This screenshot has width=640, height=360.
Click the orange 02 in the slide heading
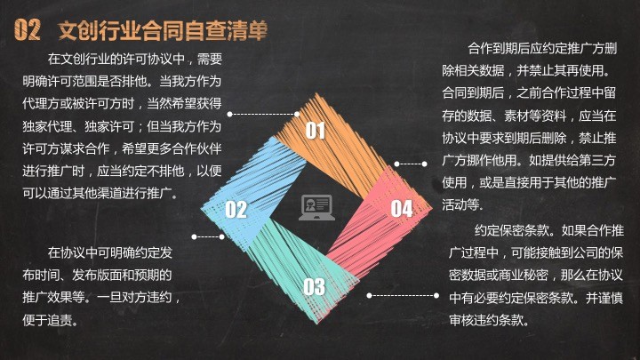click(28, 29)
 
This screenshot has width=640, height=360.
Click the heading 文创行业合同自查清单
click(163, 30)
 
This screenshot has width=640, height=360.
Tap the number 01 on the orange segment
click(316, 131)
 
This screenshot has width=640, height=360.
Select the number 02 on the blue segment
click(236, 210)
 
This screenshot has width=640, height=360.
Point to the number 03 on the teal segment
click(315, 286)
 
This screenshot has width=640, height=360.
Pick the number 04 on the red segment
click(402, 209)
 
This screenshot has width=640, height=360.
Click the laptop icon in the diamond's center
click(316, 208)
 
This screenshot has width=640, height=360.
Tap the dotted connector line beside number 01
click(263, 115)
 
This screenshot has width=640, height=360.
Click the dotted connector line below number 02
click(208, 236)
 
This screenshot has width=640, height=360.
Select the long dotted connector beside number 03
click(403, 295)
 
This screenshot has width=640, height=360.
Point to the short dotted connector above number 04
click(411, 164)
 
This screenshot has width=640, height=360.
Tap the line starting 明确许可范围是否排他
click(122, 81)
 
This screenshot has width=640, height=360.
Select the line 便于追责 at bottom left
click(50, 320)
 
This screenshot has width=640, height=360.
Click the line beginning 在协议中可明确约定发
click(110, 252)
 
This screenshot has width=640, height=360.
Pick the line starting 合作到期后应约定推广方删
click(542, 49)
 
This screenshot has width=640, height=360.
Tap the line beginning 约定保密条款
click(549, 230)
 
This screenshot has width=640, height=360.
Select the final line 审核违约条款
click(489, 320)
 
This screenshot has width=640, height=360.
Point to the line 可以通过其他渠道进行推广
click(100, 193)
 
